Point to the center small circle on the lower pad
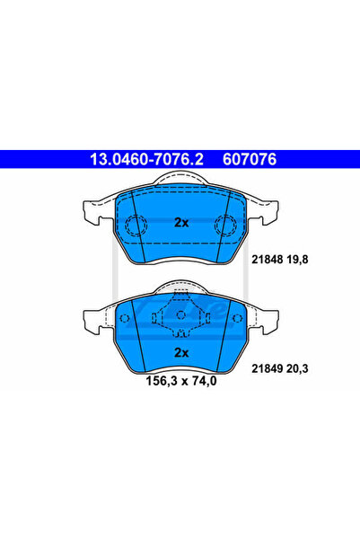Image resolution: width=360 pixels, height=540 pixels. point(180,314)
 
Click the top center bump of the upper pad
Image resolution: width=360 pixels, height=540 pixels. point(180,181)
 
